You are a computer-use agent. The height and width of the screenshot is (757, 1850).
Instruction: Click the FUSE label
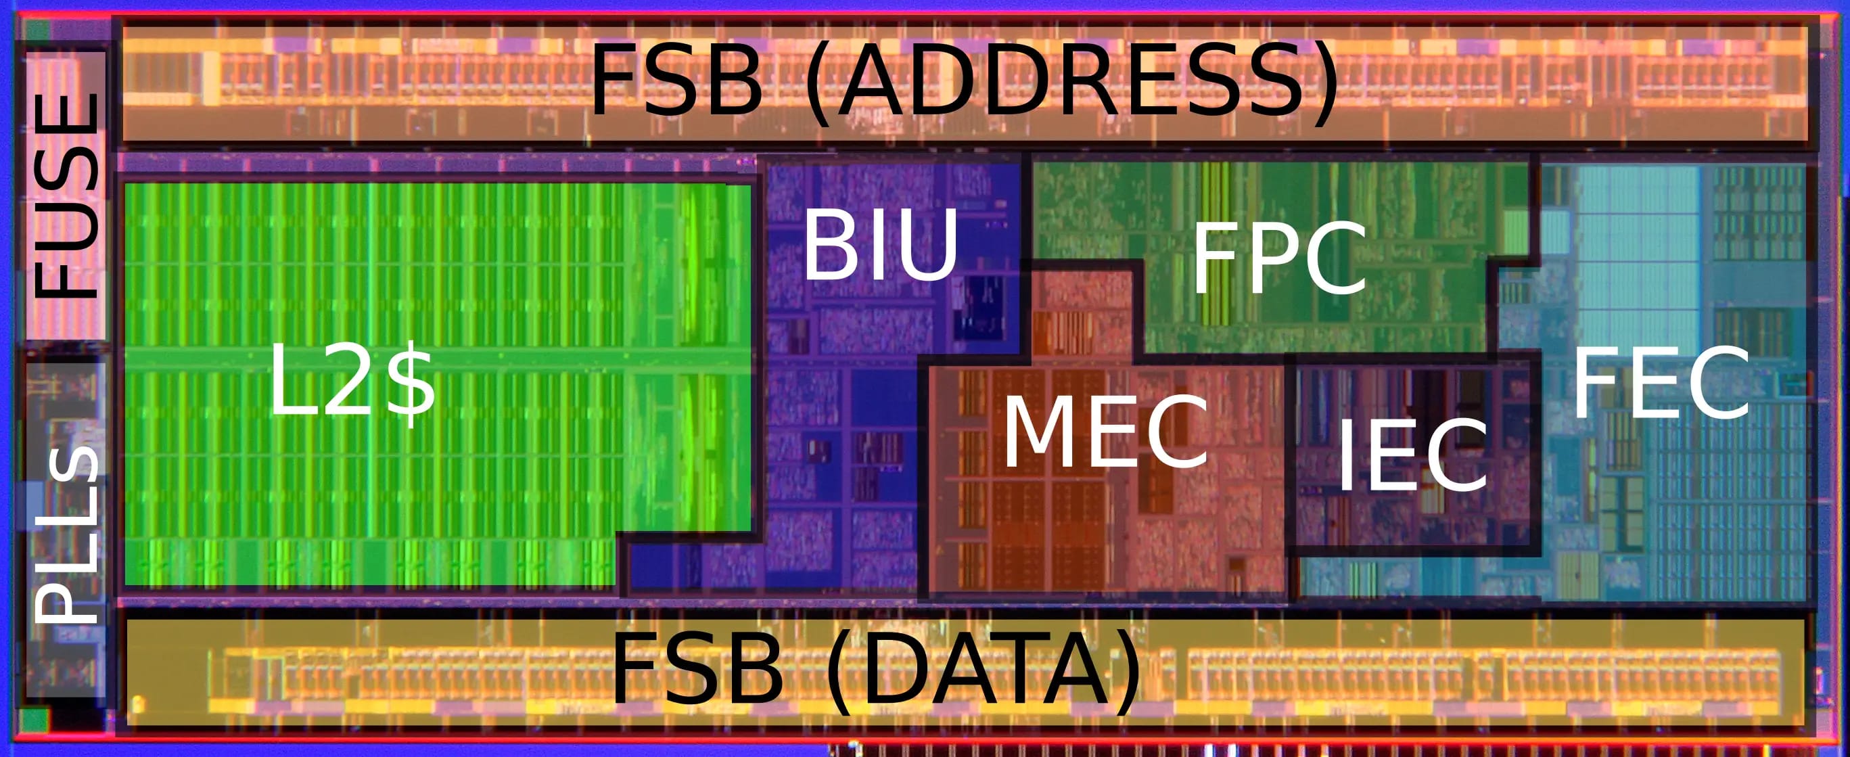pyautogui.click(x=66, y=196)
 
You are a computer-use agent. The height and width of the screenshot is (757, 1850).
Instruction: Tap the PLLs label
pyautogui.click(x=66, y=534)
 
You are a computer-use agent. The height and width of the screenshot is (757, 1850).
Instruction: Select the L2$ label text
pyautogui.click(x=352, y=388)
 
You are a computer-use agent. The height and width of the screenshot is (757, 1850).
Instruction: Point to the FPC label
pyautogui.click(x=1279, y=258)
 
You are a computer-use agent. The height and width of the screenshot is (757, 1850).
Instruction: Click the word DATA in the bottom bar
pyautogui.click(x=981, y=672)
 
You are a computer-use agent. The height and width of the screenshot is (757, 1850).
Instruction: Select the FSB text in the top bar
pyautogui.click(x=675, y=79)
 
